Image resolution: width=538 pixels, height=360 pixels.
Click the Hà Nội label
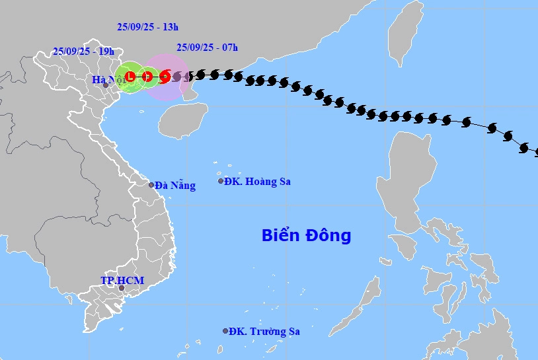pyautogui.click(x=108, y=80)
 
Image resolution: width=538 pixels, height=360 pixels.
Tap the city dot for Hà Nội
pyautogui.click(x=105, y=85)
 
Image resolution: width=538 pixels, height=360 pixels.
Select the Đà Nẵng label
pyautogui.click(x=175, y=186)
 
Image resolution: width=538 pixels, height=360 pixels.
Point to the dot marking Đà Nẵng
pyautogui.click(x=151, y=185)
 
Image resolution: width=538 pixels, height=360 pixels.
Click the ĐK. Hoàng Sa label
pyautogui.click(x=257, y=181)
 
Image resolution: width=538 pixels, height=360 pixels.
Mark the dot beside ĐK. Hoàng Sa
pyautogui.click(x=221, y=181)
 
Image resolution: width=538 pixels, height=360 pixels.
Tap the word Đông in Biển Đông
pyautogui.click(x=328, y=235)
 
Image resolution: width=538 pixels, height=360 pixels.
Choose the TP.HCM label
pyautogui.click(x=122, y=281)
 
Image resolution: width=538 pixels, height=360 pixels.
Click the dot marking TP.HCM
pyautogui.click(x=121, y=288)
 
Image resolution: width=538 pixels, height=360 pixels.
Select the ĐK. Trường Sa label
pyautogui.click(x=261, y=332)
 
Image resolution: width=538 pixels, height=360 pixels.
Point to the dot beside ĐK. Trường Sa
pyautogui.click(x=225, y=331)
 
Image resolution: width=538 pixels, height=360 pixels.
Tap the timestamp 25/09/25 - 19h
pyautogui.click(x=84, y=52)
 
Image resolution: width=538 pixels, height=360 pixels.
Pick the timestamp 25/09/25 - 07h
pyautogui.click(x=208, y=47)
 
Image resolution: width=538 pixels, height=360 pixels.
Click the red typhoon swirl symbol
pyautogui.click(x=165, y=77)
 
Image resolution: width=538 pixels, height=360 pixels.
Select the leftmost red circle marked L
pyautogui.click(x=130, y=77)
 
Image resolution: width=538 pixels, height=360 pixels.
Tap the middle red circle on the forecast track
pyautogui.click(x=148, y=77)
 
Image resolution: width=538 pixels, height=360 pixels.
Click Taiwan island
pyautogui.click(x=404, y=33)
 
